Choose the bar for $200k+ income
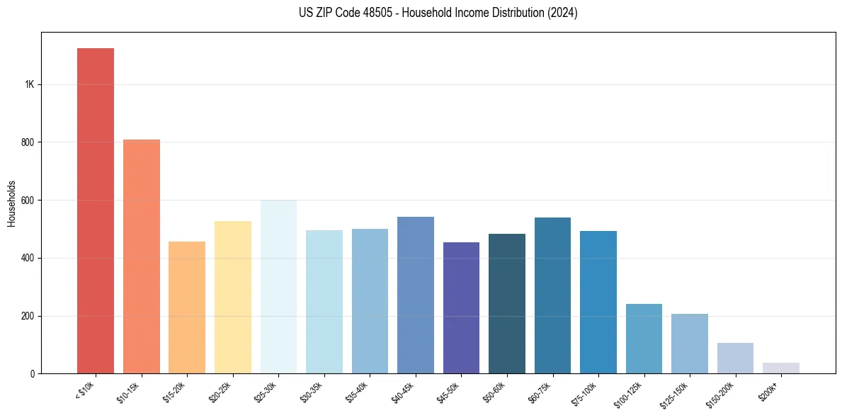point(781,368)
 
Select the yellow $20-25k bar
point(233,297)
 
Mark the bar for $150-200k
point(735,358)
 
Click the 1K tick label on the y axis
point(30,84)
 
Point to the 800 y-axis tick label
point(28,142)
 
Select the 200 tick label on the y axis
point(28,316)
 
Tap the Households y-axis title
point(11,203)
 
